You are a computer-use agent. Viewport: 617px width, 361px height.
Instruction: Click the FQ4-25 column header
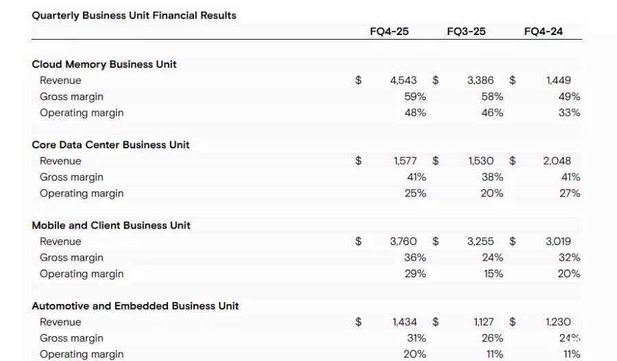(389, 32)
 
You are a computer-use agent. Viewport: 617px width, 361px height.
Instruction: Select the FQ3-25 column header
(466, 32)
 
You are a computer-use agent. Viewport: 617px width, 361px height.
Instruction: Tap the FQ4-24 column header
(543, 32)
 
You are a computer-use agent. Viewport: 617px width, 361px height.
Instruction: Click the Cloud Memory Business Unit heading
(104, 65)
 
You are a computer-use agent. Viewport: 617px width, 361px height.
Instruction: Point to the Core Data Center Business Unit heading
(110, 145)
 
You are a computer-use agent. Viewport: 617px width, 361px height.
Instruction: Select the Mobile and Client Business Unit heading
(111, 225)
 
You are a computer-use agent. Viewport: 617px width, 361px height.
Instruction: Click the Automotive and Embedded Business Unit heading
(135, 306)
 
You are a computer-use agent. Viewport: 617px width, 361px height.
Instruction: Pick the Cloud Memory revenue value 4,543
(403, 80)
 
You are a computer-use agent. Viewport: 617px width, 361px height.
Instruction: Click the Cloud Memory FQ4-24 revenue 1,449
(558, 80)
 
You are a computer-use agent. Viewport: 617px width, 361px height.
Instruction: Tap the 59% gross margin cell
(415, 97)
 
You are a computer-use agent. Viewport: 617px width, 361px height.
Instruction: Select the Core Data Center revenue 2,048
(557, 161)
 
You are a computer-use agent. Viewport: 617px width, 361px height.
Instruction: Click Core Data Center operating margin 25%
(415, 194)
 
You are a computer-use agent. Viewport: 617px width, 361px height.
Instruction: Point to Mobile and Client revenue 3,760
(403, 242)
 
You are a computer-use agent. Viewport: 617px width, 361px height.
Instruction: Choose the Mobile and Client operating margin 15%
(492, 274)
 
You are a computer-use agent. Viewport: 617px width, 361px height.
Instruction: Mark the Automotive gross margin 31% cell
(416, 338)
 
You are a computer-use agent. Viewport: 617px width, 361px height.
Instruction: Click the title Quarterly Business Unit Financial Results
(134, 16)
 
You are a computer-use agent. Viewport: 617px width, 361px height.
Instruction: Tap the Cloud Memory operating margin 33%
(569, 113)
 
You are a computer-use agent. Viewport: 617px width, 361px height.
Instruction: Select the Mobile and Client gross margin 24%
(492, 257)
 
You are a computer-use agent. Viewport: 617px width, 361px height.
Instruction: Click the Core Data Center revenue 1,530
(481, 161)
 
